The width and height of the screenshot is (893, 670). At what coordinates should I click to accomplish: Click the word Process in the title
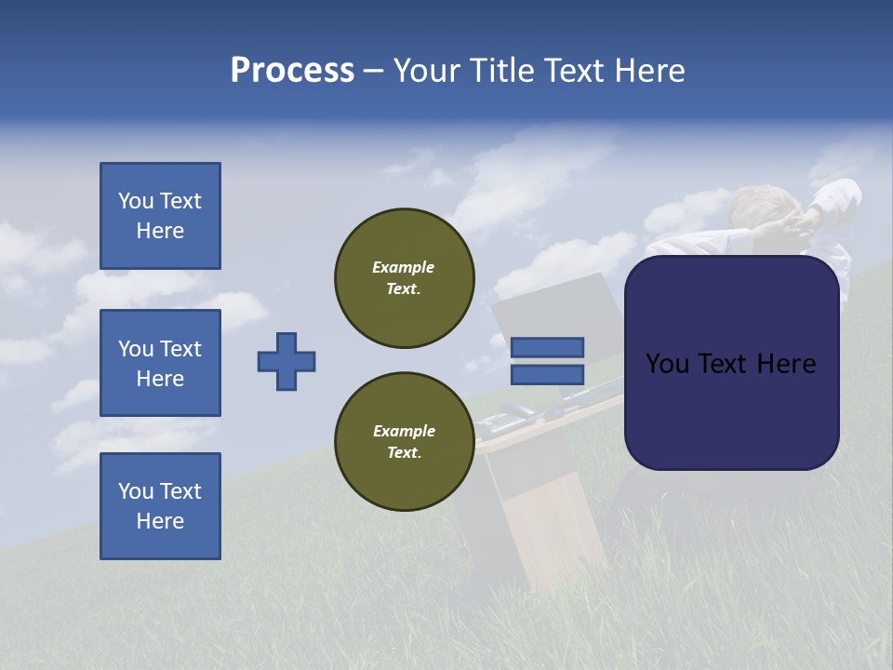point(292,70)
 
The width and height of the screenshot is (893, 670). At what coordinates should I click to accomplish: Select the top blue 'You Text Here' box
point(160,216)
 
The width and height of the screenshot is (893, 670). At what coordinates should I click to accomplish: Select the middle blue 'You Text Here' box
point(160,363)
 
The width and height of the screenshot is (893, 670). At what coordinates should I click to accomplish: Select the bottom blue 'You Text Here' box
point(160,506)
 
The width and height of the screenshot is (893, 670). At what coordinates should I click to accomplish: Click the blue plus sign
point(287,361)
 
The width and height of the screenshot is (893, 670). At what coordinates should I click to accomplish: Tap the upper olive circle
point(405,278)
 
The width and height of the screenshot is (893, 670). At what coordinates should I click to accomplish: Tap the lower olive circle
point(405,442)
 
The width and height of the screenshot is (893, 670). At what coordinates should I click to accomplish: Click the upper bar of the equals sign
point(547,347)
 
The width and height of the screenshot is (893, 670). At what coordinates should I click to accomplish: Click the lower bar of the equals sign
point(547,374)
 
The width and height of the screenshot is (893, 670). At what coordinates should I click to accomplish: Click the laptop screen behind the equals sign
point(549,307)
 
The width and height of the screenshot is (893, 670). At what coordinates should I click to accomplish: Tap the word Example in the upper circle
point(403,267)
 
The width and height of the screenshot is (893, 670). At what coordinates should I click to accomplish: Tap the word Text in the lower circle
point(404,453)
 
